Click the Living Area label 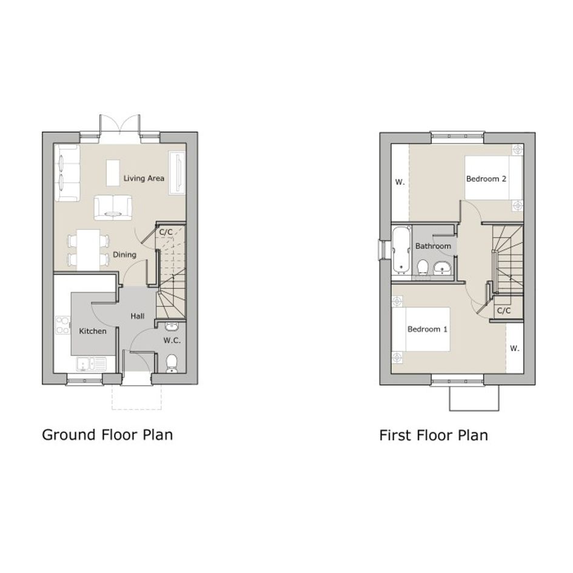coord(144,178)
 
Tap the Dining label coord(124,255)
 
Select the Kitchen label coord(93,331)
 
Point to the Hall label coord(138,316)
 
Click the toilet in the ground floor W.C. coord(172,363)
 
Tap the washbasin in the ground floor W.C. coord(171,326)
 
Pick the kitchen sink coord(92,364)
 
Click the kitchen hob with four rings coord(62,325)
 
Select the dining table coord(88,250)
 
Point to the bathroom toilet coord(423,267)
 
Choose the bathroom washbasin coord(443,268)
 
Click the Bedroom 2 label coord(486,179)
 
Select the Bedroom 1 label coord(427,329)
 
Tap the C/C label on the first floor coord(503,310)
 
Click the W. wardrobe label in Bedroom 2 coord(400,182)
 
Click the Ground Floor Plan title coord(107,435)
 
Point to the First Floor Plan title coord(434,435)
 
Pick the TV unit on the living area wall coord(178,173)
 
